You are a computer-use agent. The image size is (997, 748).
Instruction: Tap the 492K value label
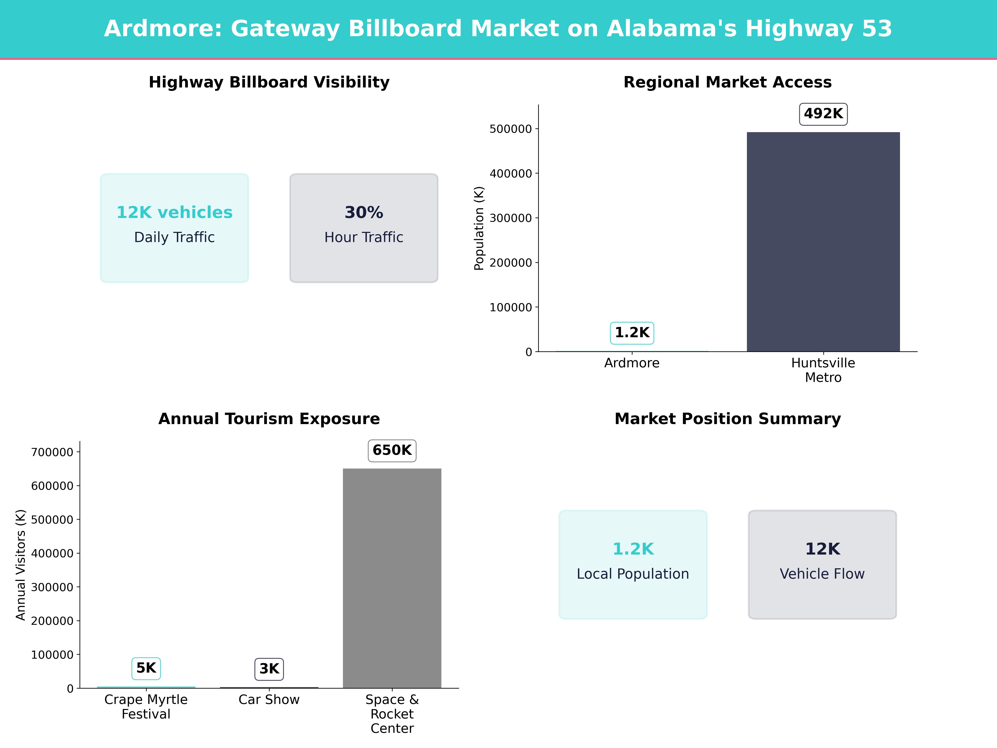point(823,114)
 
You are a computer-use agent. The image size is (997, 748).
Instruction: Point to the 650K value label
point(392,450)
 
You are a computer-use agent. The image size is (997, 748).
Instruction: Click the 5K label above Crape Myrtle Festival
point(146,668)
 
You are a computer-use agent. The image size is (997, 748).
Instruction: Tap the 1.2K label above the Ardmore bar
point(632,333)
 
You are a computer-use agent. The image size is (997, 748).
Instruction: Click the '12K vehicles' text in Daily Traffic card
point(174,212)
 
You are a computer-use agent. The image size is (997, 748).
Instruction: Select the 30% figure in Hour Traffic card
point(364,212)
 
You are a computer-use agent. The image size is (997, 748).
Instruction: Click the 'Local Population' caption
point(633,574)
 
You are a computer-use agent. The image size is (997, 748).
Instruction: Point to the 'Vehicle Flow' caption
point(822,574)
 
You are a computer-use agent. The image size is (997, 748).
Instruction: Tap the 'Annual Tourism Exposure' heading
point(269,419)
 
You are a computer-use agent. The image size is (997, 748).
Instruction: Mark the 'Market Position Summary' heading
point(727,419)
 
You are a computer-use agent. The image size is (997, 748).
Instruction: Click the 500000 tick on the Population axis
point(511,129)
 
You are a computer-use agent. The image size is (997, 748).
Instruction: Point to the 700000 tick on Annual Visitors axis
point(52,452)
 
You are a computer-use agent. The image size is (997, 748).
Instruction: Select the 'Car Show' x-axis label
point(269,700)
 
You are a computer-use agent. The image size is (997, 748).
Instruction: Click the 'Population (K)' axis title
point(479,228)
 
